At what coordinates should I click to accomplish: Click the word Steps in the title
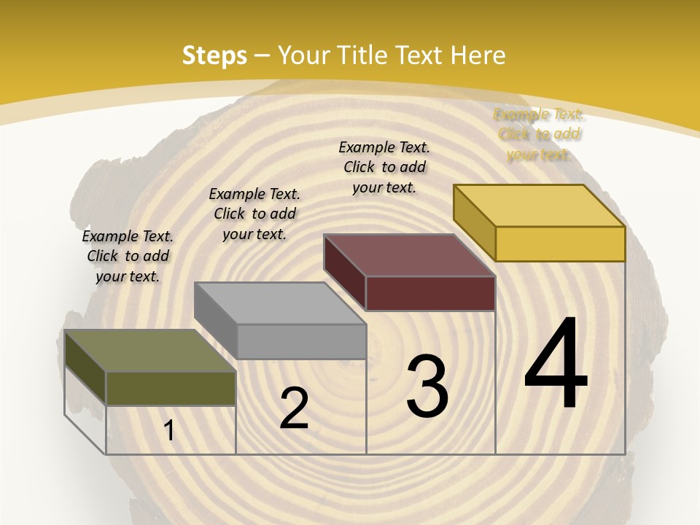tap(214, 55)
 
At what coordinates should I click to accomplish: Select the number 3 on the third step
tap(427, 386)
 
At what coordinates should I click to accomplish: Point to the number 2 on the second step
tap(294, 408)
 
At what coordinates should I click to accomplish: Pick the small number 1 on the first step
tap(169, 431)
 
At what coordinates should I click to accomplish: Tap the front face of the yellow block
tap(560, 244)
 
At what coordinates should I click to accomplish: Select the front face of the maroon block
tap(430, 293)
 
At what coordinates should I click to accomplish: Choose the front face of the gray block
tap(301, 341)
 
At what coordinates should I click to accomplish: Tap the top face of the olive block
tap(149, 351)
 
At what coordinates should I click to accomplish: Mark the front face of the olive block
tap(171, 389)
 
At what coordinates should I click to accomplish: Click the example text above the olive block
tap(128, 256)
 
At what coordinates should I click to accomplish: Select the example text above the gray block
tap(254, 214)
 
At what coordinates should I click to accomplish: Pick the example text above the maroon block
tap(384, 167)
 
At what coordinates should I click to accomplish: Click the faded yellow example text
tap(538, 134)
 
